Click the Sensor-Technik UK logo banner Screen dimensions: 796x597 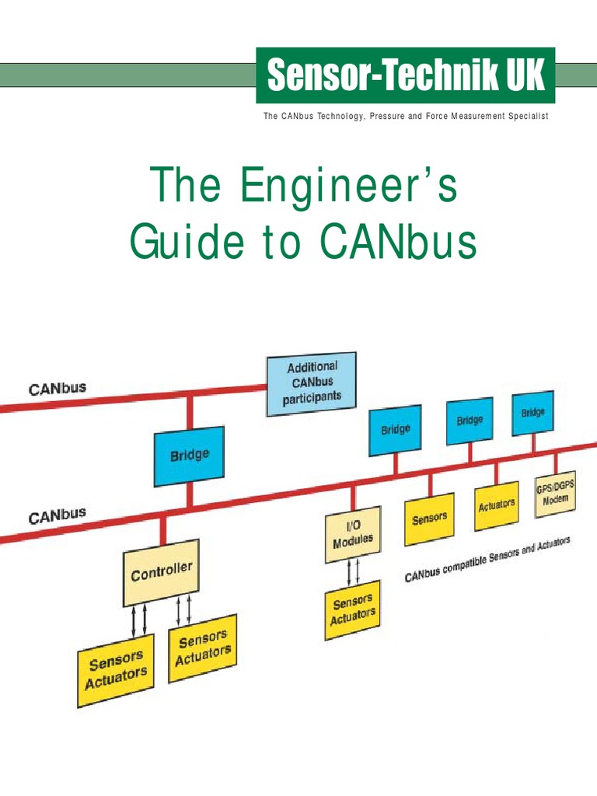pyautogui.click(x=406, y=75)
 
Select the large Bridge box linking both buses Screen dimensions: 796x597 pyautogui.click(x=190, y=456)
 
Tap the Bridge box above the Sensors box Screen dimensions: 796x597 pyautogui.click(x=395, y=429)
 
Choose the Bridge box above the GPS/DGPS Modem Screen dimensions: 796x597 pyautogui.click(x=532, y=413)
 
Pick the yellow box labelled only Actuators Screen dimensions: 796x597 pyautogui.click(x=496, y=505)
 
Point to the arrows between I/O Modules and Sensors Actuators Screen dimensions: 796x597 pyautogui.click(x=353, y=571)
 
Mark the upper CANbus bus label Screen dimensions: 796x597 pyautogui.click(x=58, y=388)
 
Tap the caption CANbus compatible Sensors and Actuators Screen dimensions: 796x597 pyautogui.click(x=487, y=560)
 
